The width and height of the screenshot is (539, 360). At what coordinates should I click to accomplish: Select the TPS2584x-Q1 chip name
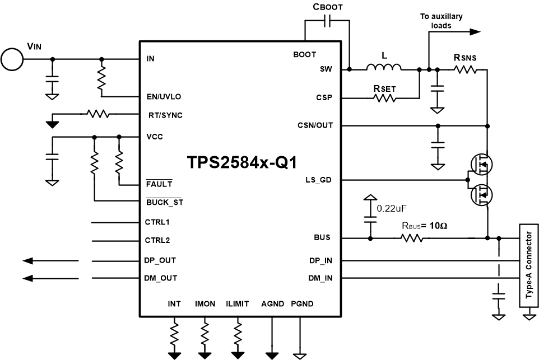[241, 162]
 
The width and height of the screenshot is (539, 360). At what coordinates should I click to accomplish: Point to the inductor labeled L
[384, 68]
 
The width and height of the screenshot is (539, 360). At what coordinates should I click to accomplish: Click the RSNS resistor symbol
[465, 69]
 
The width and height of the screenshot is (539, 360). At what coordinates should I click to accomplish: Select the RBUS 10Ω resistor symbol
[411, 239]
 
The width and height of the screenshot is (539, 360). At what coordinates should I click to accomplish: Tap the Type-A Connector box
[527, 267]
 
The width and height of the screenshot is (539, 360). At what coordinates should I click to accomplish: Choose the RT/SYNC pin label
[165, 115]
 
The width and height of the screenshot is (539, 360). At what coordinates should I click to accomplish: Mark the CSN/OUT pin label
[315, 125]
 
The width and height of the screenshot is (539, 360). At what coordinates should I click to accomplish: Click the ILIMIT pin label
[238, 304]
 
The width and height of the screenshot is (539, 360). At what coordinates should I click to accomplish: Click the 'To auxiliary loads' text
[441, 21]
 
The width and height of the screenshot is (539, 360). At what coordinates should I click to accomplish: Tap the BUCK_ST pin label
[164, 202]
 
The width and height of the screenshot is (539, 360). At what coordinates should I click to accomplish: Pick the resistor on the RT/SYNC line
[98, 114]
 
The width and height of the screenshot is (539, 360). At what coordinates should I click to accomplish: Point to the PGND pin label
[302, 304]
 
